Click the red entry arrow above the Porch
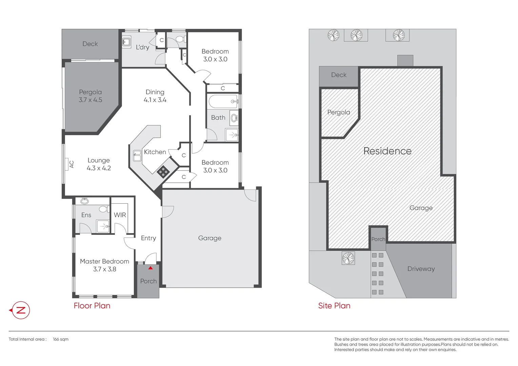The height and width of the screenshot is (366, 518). (151, 268)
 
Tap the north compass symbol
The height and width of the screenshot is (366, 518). (21, 310)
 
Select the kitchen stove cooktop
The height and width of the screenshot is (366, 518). (163, 172)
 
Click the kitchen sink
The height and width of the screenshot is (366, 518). (137, 156)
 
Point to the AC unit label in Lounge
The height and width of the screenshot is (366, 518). (72, 164)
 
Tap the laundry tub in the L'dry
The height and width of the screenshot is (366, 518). (126, 42)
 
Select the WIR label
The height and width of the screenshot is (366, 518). (120, 215)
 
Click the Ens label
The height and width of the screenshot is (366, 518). (86, 215)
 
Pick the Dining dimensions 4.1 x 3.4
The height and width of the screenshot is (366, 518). (155, 100)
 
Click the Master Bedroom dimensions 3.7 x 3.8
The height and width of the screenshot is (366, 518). (104, 269)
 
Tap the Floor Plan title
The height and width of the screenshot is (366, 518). (92, 306)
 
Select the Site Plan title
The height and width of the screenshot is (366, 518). (334, 306)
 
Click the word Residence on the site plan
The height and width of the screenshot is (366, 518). (387, 151)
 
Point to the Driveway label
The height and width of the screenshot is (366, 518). (421, 269)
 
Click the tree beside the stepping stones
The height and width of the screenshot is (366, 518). (348, 258)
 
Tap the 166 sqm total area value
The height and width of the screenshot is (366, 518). (61, 339)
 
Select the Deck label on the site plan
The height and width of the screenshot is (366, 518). (339, 75)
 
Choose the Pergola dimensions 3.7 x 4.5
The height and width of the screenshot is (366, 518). (90, 100)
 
